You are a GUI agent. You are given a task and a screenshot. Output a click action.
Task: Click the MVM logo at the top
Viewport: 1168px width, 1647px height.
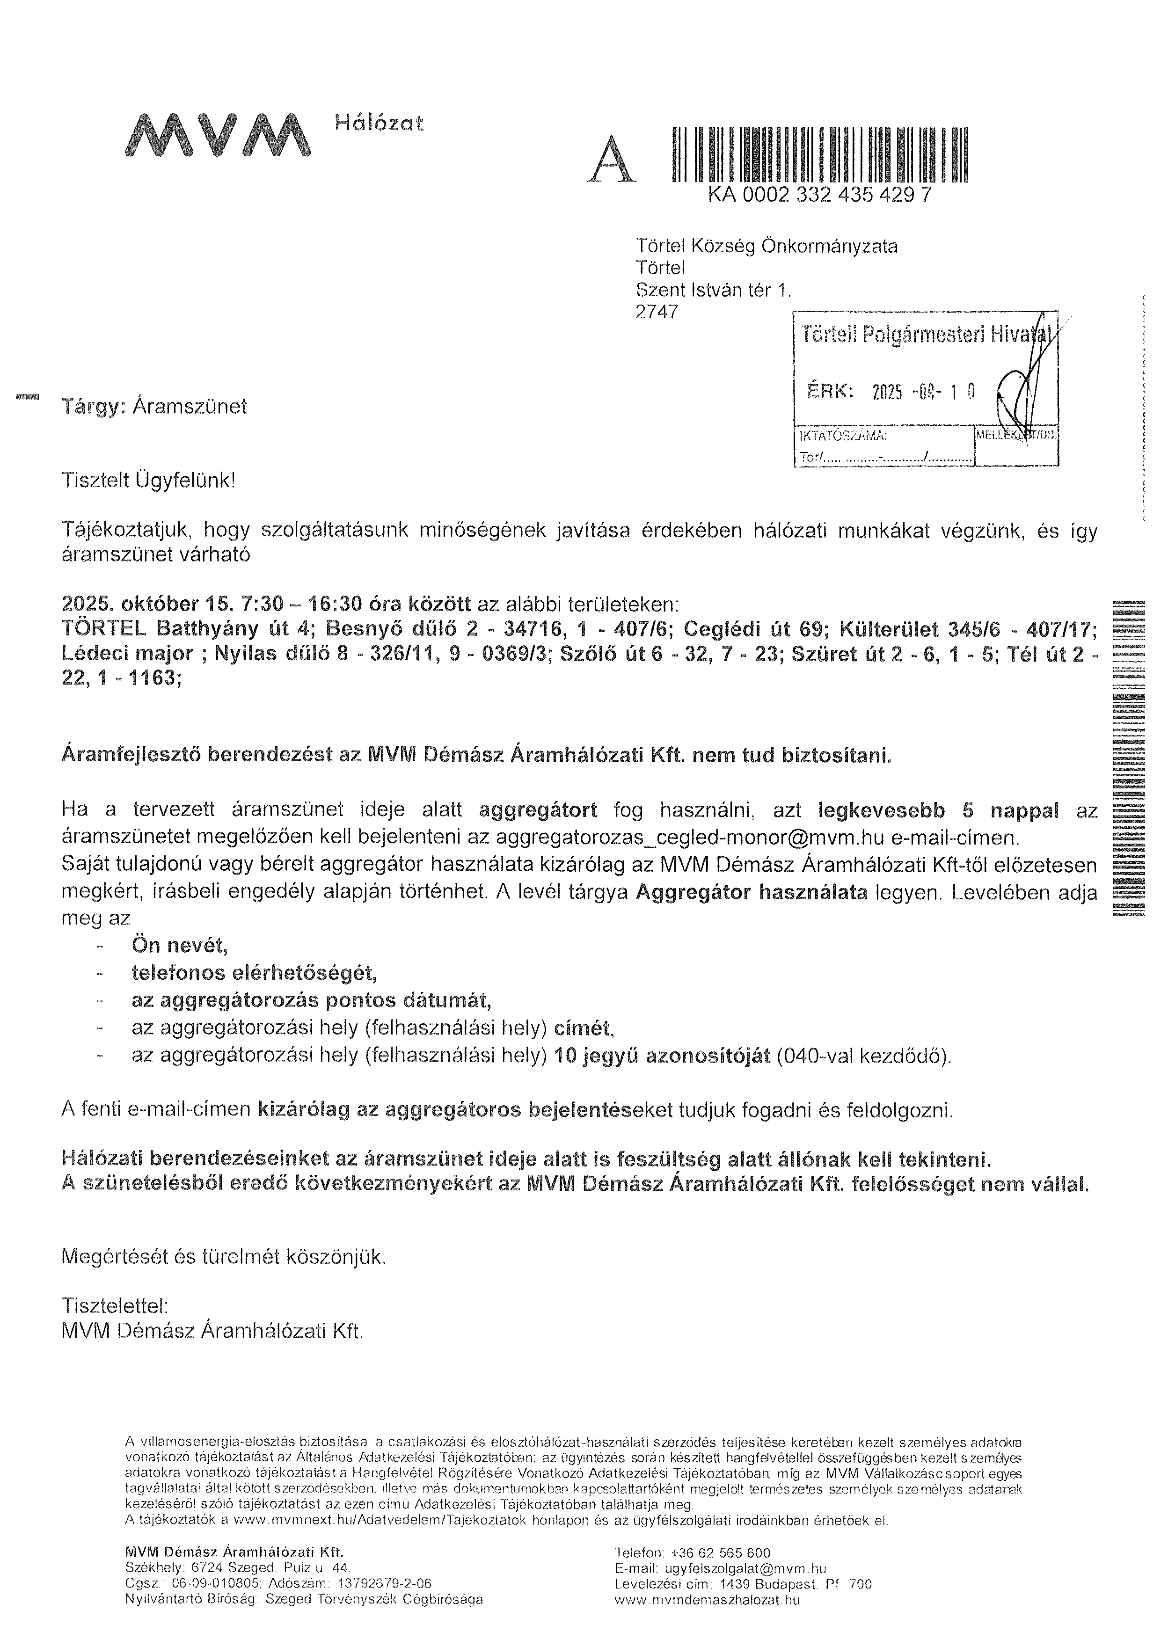(x=218, y=134)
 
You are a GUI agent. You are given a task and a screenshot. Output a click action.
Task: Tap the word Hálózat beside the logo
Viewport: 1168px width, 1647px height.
(x=379, y=123)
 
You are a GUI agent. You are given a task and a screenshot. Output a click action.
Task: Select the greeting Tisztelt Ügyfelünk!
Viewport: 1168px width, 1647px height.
(x=148, y=481)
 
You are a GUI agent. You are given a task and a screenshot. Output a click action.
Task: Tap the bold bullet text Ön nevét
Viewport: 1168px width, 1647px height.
(x=179, y=945)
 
